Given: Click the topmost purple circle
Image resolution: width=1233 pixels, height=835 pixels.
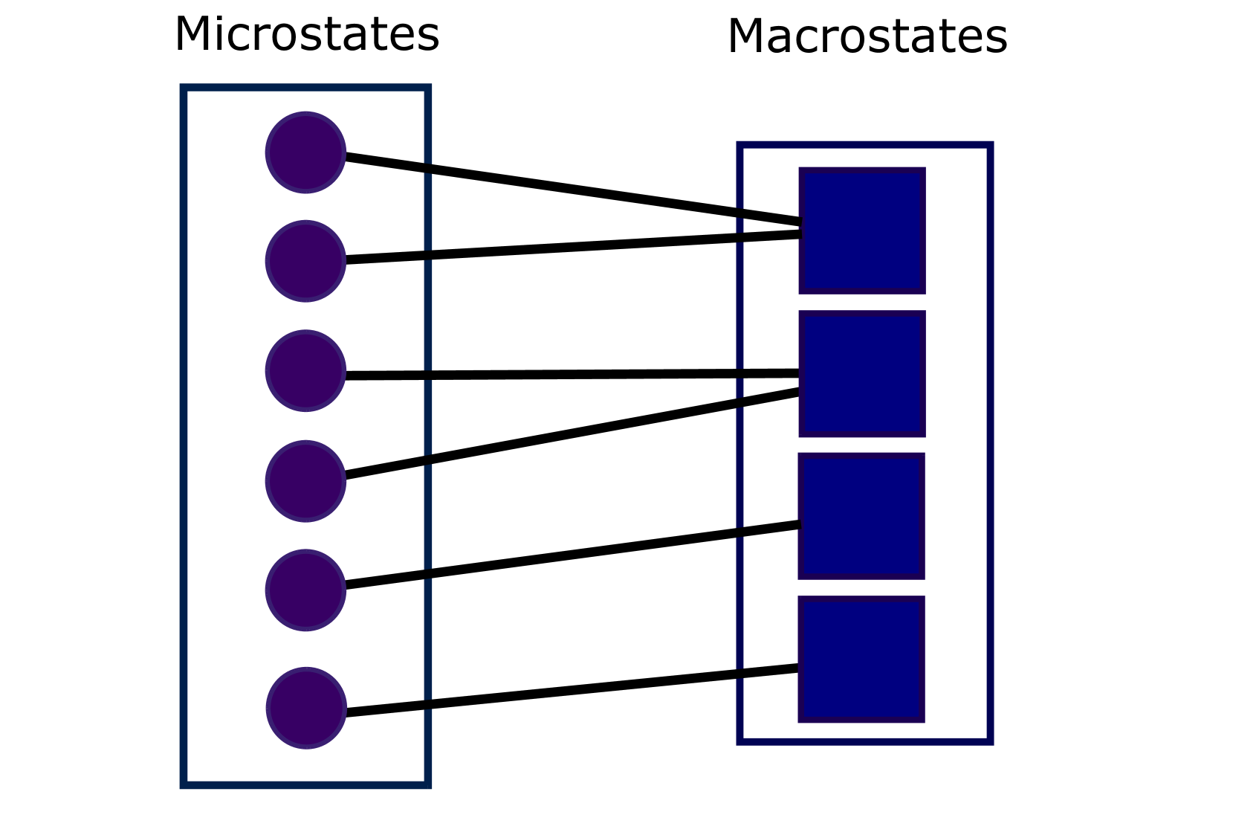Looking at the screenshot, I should [305, 152].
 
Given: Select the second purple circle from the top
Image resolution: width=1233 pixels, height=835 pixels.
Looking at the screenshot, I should [305, 261].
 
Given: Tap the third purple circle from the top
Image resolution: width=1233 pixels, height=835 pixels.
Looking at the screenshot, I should [305, 370].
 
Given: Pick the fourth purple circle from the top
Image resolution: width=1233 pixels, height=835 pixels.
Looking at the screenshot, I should [305, 481].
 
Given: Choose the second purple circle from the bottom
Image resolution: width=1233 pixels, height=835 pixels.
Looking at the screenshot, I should [305, 590].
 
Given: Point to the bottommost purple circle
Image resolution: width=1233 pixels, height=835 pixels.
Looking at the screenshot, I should [306, 708].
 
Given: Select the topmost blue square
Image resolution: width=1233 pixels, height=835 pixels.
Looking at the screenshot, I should [862, 230].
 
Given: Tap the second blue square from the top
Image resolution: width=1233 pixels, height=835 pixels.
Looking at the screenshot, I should [862, 374].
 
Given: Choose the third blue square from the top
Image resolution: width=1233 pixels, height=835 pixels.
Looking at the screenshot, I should [862, 516].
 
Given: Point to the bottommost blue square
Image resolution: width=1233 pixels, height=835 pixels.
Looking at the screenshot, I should [862, 660].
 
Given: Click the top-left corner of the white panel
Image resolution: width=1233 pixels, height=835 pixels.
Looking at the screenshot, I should [184, 88].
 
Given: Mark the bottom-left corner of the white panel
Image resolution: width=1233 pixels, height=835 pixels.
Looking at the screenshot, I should [184, 785].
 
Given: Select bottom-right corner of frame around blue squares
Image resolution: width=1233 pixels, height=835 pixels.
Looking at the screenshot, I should [991, 742].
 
